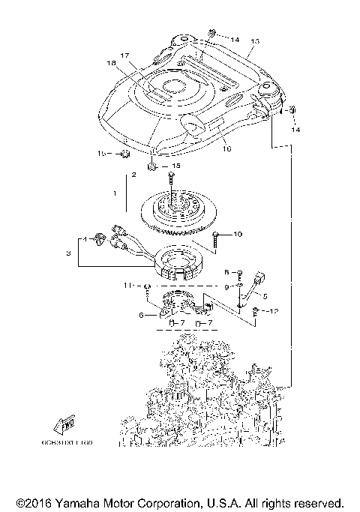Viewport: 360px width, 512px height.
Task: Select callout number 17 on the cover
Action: (124, 55)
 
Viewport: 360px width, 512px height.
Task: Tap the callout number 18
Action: (111, 64)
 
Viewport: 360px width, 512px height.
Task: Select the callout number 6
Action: (141, 316)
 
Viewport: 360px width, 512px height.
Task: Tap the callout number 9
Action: (226, 286)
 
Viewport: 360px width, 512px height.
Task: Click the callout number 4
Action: (85, 240)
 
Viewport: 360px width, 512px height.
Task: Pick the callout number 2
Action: (133, 174)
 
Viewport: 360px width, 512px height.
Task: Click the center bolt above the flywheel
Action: (172, 180)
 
